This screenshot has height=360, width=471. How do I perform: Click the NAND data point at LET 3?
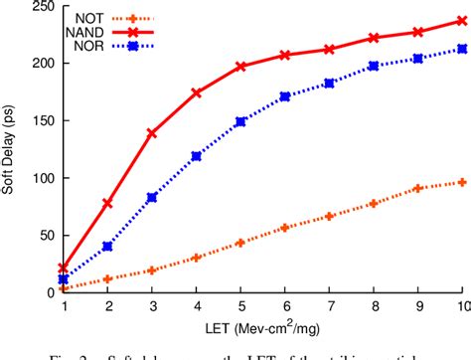[151, 132]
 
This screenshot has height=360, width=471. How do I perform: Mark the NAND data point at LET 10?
[461, 20]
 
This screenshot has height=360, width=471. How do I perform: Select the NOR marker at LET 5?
[239, 121]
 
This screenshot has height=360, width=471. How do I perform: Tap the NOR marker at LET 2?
[106, 246]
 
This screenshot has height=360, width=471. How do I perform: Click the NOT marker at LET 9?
[417, 188]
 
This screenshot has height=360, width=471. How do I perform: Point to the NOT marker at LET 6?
[284, 228]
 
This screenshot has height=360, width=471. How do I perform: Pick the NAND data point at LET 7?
[329, 49]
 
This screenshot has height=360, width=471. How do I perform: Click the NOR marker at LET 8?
[374, 66]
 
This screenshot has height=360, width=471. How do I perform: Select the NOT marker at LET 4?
[196, 258]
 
